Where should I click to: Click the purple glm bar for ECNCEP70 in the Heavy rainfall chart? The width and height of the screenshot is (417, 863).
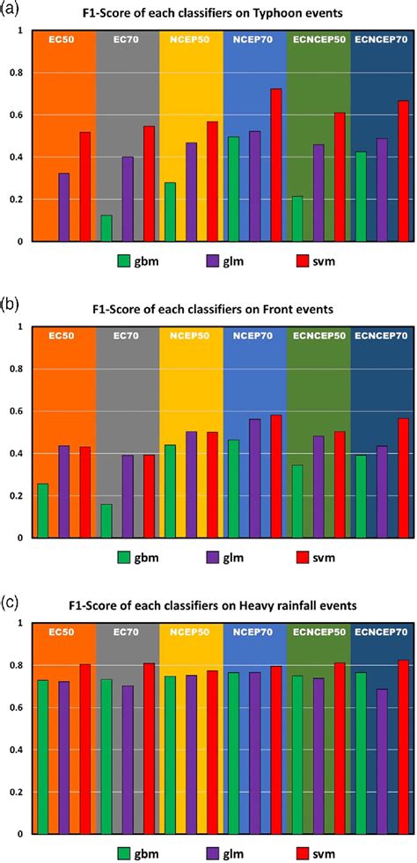click(382, 761)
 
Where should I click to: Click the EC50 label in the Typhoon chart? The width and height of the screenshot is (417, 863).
click(63, 40)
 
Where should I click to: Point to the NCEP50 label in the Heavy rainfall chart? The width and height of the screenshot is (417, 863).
click(191, 632)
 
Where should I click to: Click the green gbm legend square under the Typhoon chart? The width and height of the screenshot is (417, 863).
click(125, 260)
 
